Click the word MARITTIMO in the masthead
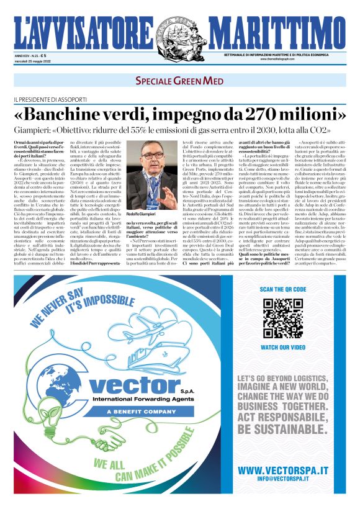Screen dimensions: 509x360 coord(277,30)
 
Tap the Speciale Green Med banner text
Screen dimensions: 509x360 coord(180,80)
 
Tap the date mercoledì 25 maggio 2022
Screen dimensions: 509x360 coord(32,61)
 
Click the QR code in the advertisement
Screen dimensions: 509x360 coord(282,318)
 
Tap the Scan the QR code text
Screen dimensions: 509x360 coord(282,290)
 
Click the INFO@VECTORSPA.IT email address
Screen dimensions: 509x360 coord(283,480)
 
